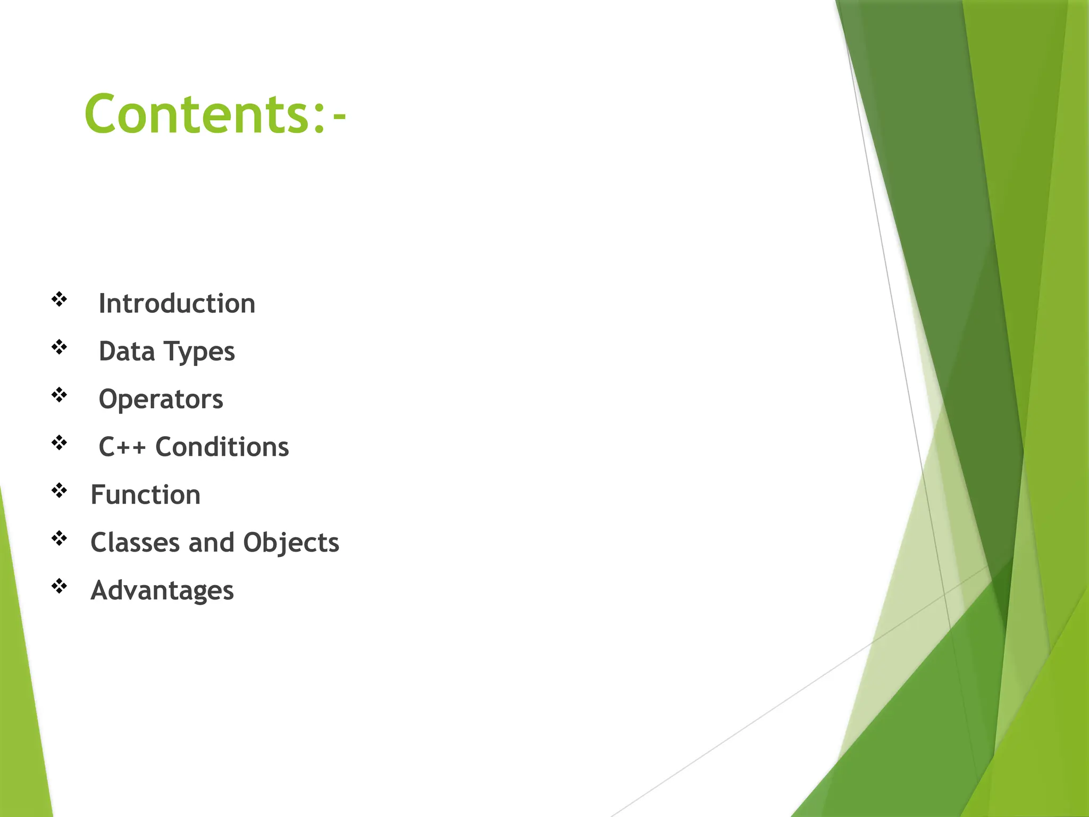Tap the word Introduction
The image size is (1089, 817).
[177, 304]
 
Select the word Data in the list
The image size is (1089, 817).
[127, 352]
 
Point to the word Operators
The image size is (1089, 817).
[161, 399]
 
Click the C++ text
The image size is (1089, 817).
[122, 447]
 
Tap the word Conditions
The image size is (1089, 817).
[222, 447]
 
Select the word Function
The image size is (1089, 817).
[145, 495]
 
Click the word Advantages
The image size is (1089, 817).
[162, 591]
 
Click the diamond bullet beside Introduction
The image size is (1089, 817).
[59, 299]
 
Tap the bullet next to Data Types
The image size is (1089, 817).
[59, 347]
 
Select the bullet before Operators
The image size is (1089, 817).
[59, 395]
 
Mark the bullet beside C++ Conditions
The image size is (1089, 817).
[59, 443]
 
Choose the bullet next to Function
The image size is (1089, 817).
[59, 490]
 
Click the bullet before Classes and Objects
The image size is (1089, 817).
[59, 538]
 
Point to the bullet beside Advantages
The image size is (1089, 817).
[59, 586]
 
